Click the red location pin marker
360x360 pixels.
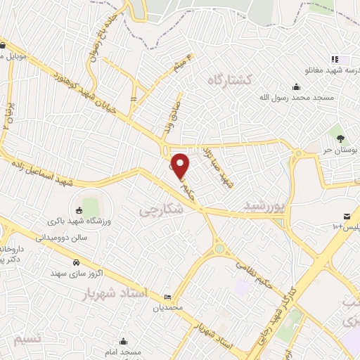pos(181,165)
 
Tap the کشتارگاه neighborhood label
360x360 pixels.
pos(230,80)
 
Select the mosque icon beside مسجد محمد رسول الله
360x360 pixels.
pos(297,87)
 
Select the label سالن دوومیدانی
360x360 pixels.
pos(63,238)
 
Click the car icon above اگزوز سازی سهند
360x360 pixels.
pos(75,263)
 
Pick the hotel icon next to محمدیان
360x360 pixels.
pos(167,297)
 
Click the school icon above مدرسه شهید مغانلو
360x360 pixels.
pos(335,60)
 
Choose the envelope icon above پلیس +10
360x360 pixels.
pos(346,216)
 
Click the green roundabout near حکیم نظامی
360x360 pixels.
pos(219,248)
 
